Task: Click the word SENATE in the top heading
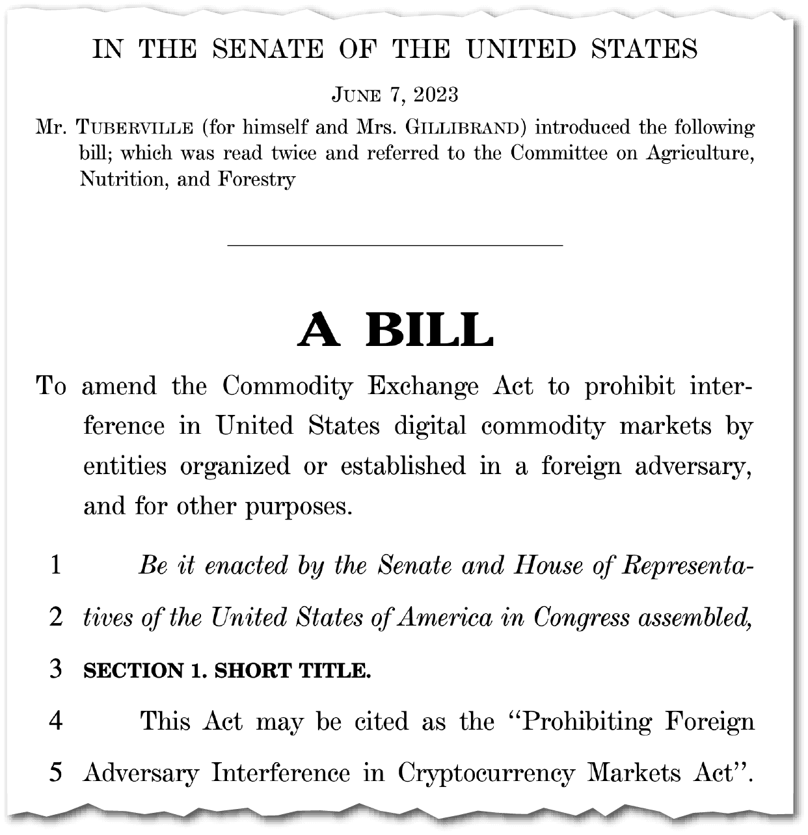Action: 268,49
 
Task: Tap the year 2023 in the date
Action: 436,95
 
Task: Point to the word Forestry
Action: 256,179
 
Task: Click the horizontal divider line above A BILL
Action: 394,245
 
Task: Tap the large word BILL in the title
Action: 429,330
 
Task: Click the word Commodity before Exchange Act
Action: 287,386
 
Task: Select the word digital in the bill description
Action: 430,427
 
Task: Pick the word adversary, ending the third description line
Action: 690,466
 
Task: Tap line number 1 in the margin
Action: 56,564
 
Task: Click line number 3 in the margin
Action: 56,669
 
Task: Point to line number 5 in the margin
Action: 56,773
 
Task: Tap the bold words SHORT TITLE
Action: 293,670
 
